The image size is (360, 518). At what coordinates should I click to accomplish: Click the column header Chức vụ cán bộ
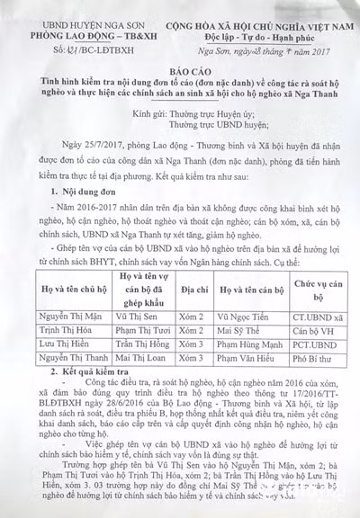[x=319, y=290]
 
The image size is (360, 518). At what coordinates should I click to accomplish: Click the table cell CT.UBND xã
[x=319, y=317]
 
